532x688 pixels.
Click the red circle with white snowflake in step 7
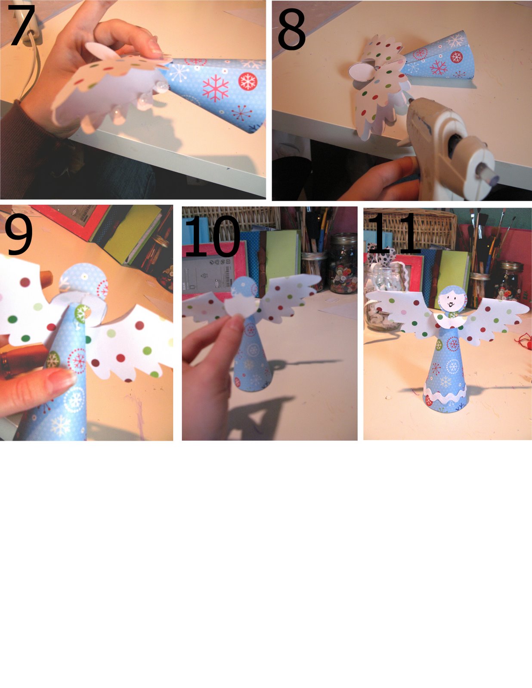[247, 81]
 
